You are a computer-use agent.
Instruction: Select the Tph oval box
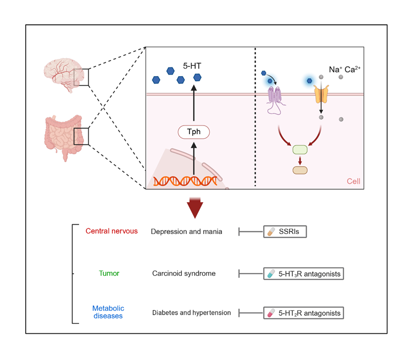[x=193, y=132]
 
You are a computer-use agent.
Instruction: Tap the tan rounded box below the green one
[x=300, y=170]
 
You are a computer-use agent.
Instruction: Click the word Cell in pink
[x=353, y=182]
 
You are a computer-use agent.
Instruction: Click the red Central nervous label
[x=111, y=231]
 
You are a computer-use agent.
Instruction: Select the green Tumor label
[x=109, y=273]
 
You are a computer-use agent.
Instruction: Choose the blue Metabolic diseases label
[x=108, y=312]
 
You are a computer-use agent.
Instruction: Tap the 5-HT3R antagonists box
[x=303, y=274]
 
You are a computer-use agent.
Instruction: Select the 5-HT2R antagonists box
[x=303, y=312]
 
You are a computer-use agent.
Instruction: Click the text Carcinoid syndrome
[x=183, y=274]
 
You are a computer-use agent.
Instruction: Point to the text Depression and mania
[x=186, y=231]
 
